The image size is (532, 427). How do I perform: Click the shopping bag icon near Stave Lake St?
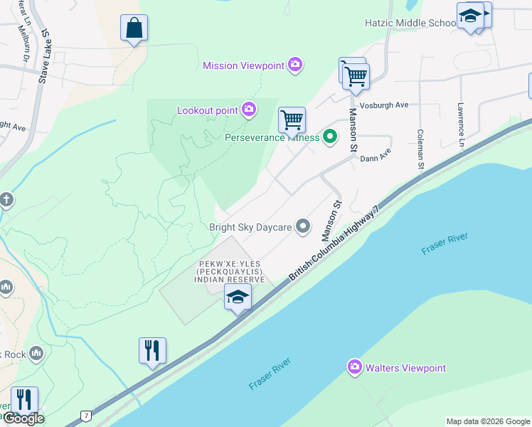pyautogui.click(x=134, y=28)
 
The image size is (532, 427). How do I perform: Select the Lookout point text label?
pyautogui.click(x=208, y=110)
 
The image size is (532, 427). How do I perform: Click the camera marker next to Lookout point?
pyautogui.click(x=248, y=109)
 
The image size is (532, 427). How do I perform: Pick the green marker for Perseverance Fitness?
pyautogui.click(x=329, y=137)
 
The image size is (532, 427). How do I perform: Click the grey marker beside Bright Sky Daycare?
pyautogui.click(x=303, y=227)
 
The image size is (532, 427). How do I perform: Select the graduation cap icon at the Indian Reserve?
pyautogui.click(x=238, y=297)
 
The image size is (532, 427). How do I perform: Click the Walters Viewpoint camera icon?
pyautogui.click(x=354, y=367)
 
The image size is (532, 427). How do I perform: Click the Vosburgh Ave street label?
pyautogui.click(x=384, y=105)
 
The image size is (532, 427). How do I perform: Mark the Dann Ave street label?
pyautogui.click(x=376, y=155)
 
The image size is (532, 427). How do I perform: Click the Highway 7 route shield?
pyautogui.click(x=86, y=415)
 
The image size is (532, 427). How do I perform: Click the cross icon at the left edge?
pyautogui.click(x=6, y=199)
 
